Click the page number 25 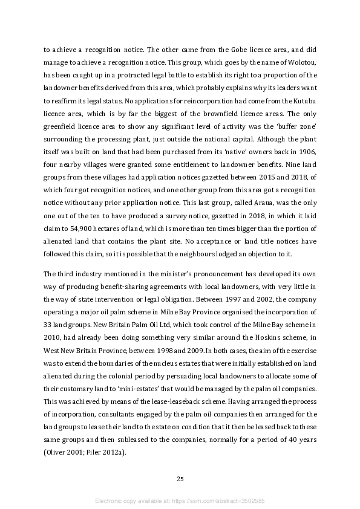(180, 479)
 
